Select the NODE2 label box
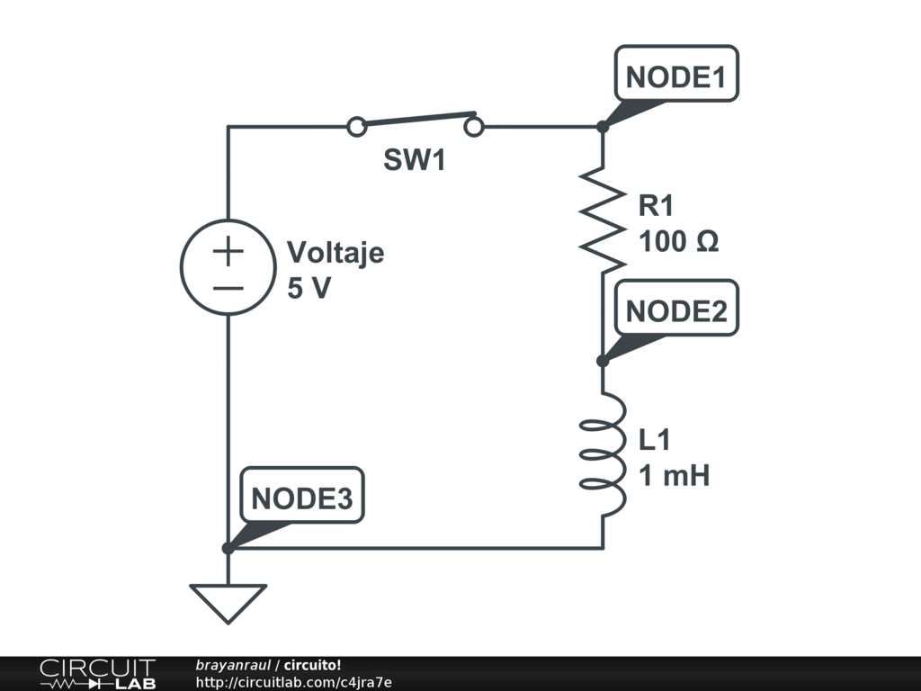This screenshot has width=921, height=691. [676, 310]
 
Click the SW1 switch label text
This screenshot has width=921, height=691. [415, 161]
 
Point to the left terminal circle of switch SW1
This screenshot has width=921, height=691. [357, 127]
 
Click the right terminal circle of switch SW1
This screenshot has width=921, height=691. [474, 127]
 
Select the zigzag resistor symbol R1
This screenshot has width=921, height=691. [602, 217]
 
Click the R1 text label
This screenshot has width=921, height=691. [656, 206]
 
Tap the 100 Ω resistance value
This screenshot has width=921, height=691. [678, 241]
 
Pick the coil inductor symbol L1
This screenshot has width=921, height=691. [602, 454]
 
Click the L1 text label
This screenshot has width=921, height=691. [655, 440]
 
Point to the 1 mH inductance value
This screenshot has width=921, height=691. [675, 475]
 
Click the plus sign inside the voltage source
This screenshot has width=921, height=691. [228, 252]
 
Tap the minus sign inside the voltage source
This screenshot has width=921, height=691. [228, 288]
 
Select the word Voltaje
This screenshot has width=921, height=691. [335, 253]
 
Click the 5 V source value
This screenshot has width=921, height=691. [308, 290]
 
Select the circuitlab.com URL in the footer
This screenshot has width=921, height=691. [293, 682]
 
